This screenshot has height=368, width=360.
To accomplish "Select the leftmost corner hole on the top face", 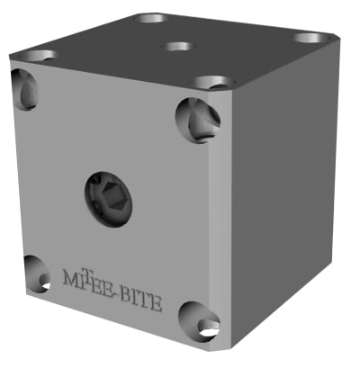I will pyautogui.click(x=37, y=55).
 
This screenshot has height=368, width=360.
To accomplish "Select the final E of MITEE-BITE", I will pyautogui.click(x=157, y=301).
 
